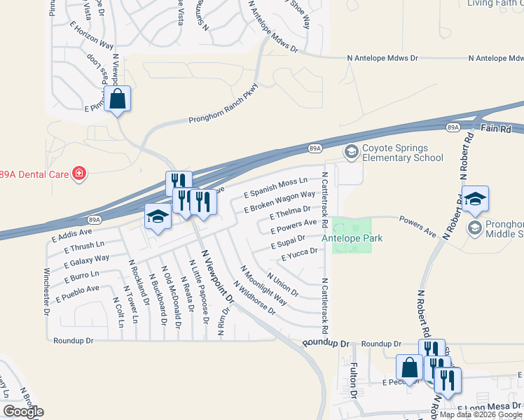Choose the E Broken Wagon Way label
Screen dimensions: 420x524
280,201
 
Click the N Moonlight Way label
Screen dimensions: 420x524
263,286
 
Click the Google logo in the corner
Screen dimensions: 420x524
24,412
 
